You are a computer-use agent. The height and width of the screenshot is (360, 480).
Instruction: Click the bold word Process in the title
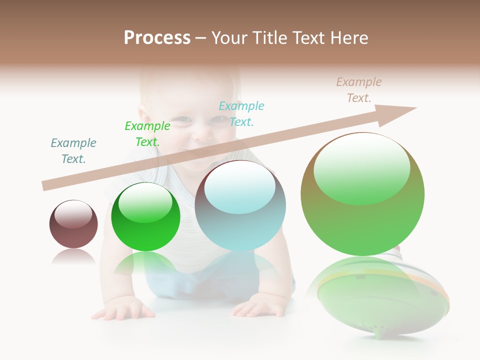pyautogui.click(x=157, y=38)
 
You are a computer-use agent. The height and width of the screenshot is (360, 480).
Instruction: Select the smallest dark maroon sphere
pyautogui.click(x=73, y=224)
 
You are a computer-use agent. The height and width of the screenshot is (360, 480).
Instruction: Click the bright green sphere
pyautogui.click(x=145, y=217)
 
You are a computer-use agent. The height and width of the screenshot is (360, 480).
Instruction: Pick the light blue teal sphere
pyautogui.click(x=240, y=205)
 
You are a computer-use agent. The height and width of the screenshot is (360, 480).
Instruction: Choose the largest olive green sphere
pyautogui.click(x=362, y=194)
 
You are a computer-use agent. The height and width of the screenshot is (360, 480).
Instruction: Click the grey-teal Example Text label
pyautogui.click(x=73, y=151)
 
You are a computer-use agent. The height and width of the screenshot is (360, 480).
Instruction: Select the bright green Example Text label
pyautogui.click(x=147, y=134)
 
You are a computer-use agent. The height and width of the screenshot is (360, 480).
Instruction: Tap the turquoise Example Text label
pyautogui.click(x=241, y=113)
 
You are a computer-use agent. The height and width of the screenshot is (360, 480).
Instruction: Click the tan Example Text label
pyautogui.click(x=359, y=90)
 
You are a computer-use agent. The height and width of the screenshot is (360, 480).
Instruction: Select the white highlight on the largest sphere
pyautogui.click(x=361, y=167)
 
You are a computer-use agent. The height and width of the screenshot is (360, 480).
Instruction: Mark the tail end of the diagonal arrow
pyautogui.click(x=45, y=186)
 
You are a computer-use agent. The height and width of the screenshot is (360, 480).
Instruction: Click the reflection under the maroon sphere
pyautogui.click(x=73, y=256)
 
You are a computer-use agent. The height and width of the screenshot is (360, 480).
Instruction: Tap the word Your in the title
pyautogui.click(x=228, y=38)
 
